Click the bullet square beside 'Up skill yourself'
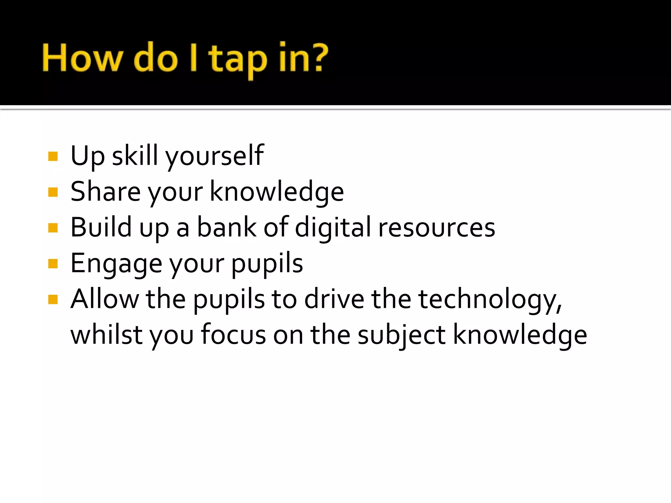click(53, 156)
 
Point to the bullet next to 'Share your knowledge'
click(53, 192)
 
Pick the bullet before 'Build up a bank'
click(53, 228)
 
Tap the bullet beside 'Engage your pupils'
click(53, 264)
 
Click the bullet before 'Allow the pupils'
click(53, 299)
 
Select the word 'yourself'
click(215, 156)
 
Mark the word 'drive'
click(334, 299)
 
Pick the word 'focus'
click(233, 335)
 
